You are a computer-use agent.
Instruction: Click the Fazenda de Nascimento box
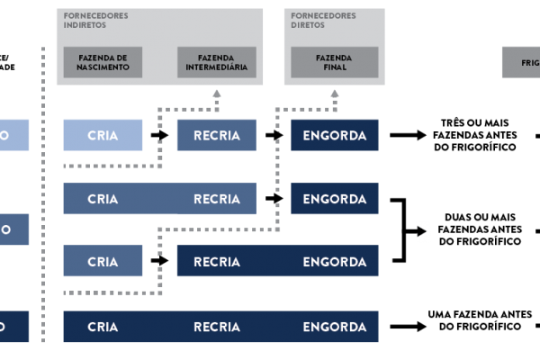click(x=103, y=62)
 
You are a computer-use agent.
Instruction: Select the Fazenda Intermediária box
click(x=217, y=62)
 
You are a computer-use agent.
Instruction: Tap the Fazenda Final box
click(x=334, y=62)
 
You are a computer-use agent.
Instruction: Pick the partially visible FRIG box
click(x=520, y=63)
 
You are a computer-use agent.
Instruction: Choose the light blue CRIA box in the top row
click(x=103, y=135)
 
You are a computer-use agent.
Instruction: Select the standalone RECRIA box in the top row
click(x=217, y=135)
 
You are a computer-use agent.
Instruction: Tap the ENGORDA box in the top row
click(x=335, y=135)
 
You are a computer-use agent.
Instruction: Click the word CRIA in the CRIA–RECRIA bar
click(x=103, y=199)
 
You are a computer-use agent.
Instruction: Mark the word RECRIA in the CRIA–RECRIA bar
click(x=217, y=199)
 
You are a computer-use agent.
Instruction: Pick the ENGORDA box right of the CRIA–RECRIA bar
click(x=335, y=199)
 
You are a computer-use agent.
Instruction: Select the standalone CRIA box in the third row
click(x=103, y=262)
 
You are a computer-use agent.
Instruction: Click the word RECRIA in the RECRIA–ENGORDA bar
click(x=217, y=262)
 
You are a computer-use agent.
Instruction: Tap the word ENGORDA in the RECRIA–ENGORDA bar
click(x=335, y=262)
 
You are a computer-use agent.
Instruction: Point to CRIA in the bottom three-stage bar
click(x=103, y=327)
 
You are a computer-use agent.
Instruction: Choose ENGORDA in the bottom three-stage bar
click(x=335, y=327)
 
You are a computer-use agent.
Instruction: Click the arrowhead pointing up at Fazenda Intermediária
click(x=216, y=93)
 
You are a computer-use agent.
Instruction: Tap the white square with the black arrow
click(x=423, y=232)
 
